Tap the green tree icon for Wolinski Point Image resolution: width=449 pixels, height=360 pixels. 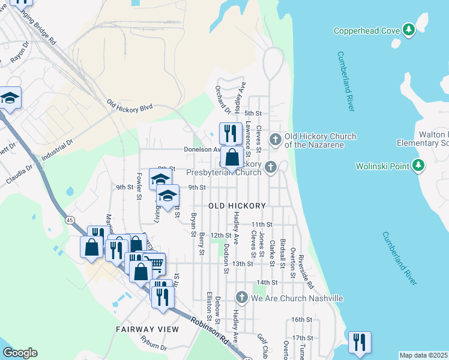[419, 165]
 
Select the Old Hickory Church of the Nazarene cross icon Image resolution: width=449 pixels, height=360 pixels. [275, 140]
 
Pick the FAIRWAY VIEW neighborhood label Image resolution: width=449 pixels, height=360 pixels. [148, 329]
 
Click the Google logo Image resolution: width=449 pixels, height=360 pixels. [20, 353]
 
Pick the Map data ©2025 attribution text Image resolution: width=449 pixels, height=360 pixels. [424, 356]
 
